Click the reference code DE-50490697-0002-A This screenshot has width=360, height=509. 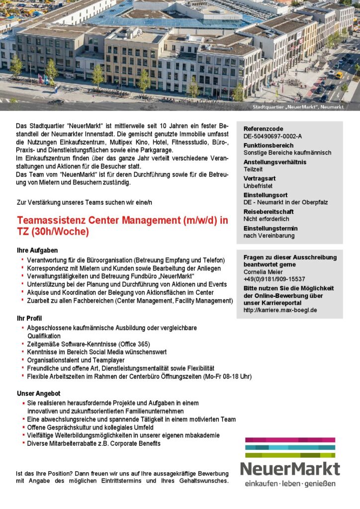(272, 136)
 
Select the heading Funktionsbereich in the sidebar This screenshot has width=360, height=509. (269, 146)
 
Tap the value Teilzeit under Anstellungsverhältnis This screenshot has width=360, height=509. (253, 170)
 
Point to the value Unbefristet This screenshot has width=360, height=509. (258, 186)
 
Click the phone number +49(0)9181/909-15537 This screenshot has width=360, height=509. (274, 279)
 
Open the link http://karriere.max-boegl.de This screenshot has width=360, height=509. (280, 310)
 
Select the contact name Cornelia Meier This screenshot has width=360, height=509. (264, 272)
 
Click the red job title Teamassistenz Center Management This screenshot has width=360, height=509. (122, 220)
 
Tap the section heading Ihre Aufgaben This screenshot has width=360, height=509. (37, 250)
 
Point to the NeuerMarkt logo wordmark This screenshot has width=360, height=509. (290, 468)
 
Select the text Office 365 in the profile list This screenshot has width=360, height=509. (132, 344)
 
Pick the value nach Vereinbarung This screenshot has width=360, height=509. (269, 236)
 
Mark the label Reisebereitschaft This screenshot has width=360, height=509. (269, 212)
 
